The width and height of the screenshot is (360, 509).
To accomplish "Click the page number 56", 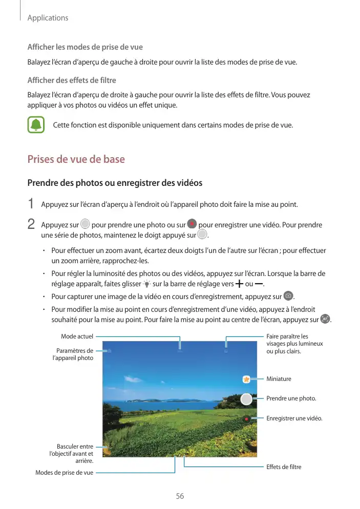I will coord(180,496).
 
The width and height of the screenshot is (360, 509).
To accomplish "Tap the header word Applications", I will coord(48,18).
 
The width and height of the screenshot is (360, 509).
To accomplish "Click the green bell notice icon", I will coord(36,125).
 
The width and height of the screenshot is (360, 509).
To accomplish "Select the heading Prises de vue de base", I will coord(76,159).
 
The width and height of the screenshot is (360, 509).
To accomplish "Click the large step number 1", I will coord(31,204).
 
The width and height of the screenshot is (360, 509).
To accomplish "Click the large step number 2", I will coord(31,224).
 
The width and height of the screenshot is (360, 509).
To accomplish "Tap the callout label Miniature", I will coord(279,379).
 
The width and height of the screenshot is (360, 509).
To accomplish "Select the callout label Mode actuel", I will coord(77,336).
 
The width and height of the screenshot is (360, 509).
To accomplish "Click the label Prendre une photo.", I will coord(291,398).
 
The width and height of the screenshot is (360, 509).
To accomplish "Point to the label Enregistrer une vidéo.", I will coord(294,418).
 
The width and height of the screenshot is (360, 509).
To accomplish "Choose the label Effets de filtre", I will coord(284,467).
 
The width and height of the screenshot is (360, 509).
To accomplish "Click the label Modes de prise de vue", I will coord(64,472).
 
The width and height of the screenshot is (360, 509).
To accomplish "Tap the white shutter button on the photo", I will coord(246,399).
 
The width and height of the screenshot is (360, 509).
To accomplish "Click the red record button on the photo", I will coord(246,419).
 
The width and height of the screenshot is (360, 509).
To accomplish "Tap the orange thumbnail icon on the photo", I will coord(246,379).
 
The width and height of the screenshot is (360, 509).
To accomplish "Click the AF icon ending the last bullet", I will coord(325,319).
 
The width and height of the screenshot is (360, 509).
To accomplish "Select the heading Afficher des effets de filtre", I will coord(71,80).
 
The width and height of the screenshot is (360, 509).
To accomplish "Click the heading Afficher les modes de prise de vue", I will coord(84,47).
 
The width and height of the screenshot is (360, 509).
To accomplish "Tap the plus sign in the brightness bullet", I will coord(239,284).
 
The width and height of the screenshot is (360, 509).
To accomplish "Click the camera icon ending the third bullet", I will coord(288,296).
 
